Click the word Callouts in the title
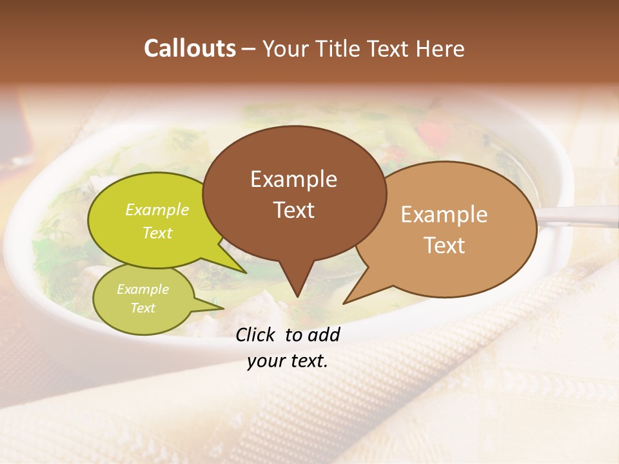click(x=190, y=48)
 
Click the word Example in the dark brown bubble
click(x=294, y=179)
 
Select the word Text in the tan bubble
click(x=445, y=245)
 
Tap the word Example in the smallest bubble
click(x=143, y=289)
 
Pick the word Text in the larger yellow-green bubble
click(x=157, y=233)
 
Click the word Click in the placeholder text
click(x=256, y=334)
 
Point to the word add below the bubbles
click(x=324, y=334)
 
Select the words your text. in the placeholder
click(x=288, y=361)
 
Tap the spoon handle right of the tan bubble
click(x=580, y=216)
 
